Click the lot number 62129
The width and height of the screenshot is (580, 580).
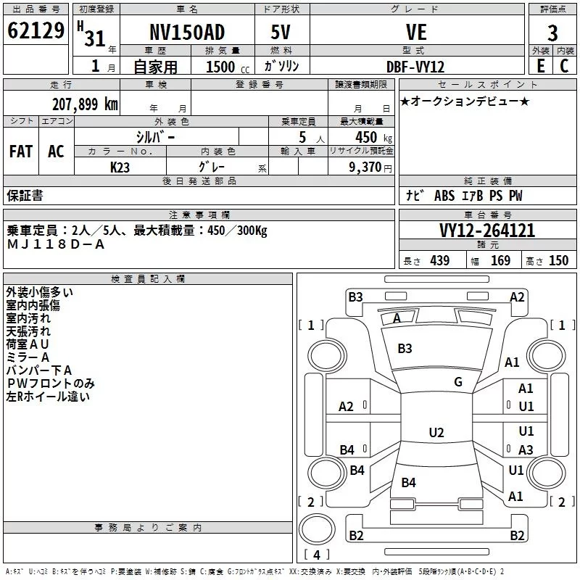pyautogui.click(x=36, y=30)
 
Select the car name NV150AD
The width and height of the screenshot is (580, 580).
pyautogui.click(x=187, y=32)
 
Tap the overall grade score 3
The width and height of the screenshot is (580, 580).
pyautogui.click(x=552, y=33)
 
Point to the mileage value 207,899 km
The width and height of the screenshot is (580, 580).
pyautogui.click(x=85, y=104)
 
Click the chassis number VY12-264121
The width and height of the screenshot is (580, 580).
pyautogui.click(x=487, y=231)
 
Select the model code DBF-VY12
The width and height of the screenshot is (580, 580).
pyautogui.click(x=415, y=67)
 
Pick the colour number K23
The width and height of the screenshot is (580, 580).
pyautogui.click(x=120, y=167)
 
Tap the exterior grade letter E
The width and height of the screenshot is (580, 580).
pyautogui.click(x=541, y=66)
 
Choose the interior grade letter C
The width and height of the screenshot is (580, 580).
pyautogui.click(x=564, y=66)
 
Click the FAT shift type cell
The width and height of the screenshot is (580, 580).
pyautogui.click(x=21, y=152)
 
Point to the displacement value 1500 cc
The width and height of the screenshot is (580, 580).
pyautogui.click(x=228, y=67)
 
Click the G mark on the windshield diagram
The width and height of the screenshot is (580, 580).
pyautogui.click(x=458, y=381)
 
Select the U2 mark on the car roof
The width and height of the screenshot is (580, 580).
pyautogui.click(x=436, y=432)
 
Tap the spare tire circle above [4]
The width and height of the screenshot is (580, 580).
pyautogui.click(x=317, y=529)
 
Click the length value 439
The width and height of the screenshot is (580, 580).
pyautogui.click(x=440, y=261)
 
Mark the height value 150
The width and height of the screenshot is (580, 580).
pyautogui.click(x=558, y=261)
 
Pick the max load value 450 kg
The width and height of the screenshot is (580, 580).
pyautogui.click(x=373, y=138)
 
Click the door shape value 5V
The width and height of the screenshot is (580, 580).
pyautogui.click(x=281, y=32)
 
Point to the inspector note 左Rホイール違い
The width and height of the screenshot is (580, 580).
pyautogui.click(x=48, y=397)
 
